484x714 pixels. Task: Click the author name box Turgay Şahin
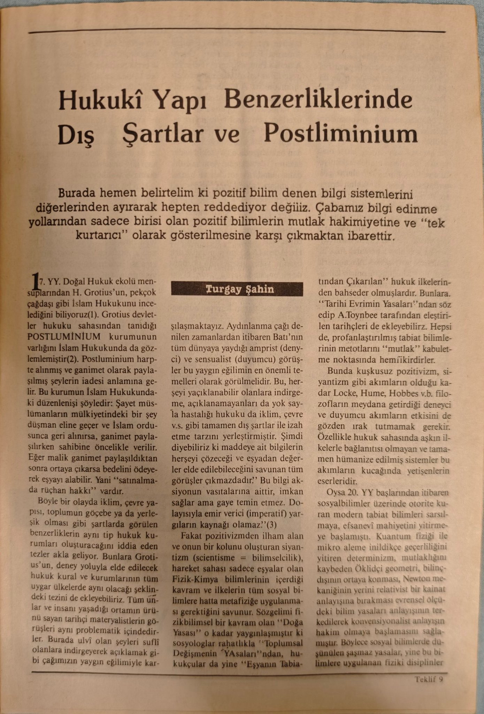pos(237,289)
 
